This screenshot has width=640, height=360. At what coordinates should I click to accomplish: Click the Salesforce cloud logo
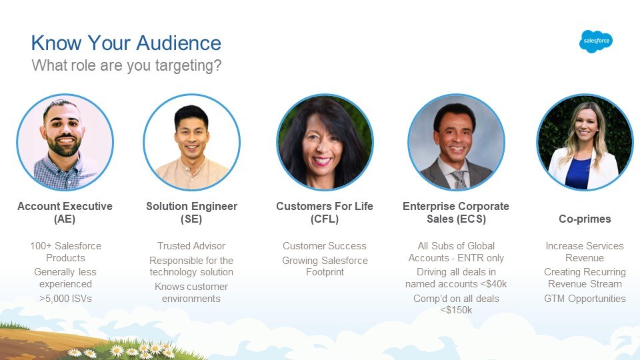pyautogui.click(x=595, y=41)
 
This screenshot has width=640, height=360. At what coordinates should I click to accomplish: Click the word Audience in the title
pyautogui.click(x=179, y=43)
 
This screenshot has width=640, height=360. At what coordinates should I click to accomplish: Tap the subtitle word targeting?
pyautogui.click(x=188, y=66)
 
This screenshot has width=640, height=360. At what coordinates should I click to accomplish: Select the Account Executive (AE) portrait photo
pyautogui.click(x=65, y=143)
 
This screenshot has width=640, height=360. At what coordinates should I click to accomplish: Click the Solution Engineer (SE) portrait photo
pyautogui.click(x=191, y=143)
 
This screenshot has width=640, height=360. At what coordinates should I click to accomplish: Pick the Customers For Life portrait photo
pyautogui.click(x=325, y=143)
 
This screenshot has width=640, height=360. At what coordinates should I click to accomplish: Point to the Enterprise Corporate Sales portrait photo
pyautogui.click(x=456, y=143)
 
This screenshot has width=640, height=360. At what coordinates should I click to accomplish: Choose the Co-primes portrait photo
pyautogui.click(x=585, y=143)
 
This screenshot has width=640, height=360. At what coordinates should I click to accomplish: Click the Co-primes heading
pyautogui.click(x=585, y=219)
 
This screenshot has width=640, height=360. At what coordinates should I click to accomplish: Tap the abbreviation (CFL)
pyautogui.click(x=325, y=219)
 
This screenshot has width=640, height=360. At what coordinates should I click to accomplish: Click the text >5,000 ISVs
pyautogui.click(x=65, y=299)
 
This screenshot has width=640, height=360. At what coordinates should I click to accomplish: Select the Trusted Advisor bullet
pyautogui.click(x=191, y=246)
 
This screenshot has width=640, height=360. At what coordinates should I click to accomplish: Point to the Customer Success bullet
pyautogui.click(x=325, y=246)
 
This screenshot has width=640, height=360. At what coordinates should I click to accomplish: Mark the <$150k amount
pyautogui.click(x=456, y=310)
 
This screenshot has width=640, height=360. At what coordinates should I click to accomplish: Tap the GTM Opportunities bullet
pyautogui.click(x=585, y=299)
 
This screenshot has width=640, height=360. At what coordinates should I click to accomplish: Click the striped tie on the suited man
pyautogui.click(x=460, y=179)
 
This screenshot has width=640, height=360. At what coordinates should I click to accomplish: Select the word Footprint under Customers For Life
pyautogui.click(x=325, y=272)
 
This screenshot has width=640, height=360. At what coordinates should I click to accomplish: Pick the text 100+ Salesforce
pyautogui.click(x=65, y=246)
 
